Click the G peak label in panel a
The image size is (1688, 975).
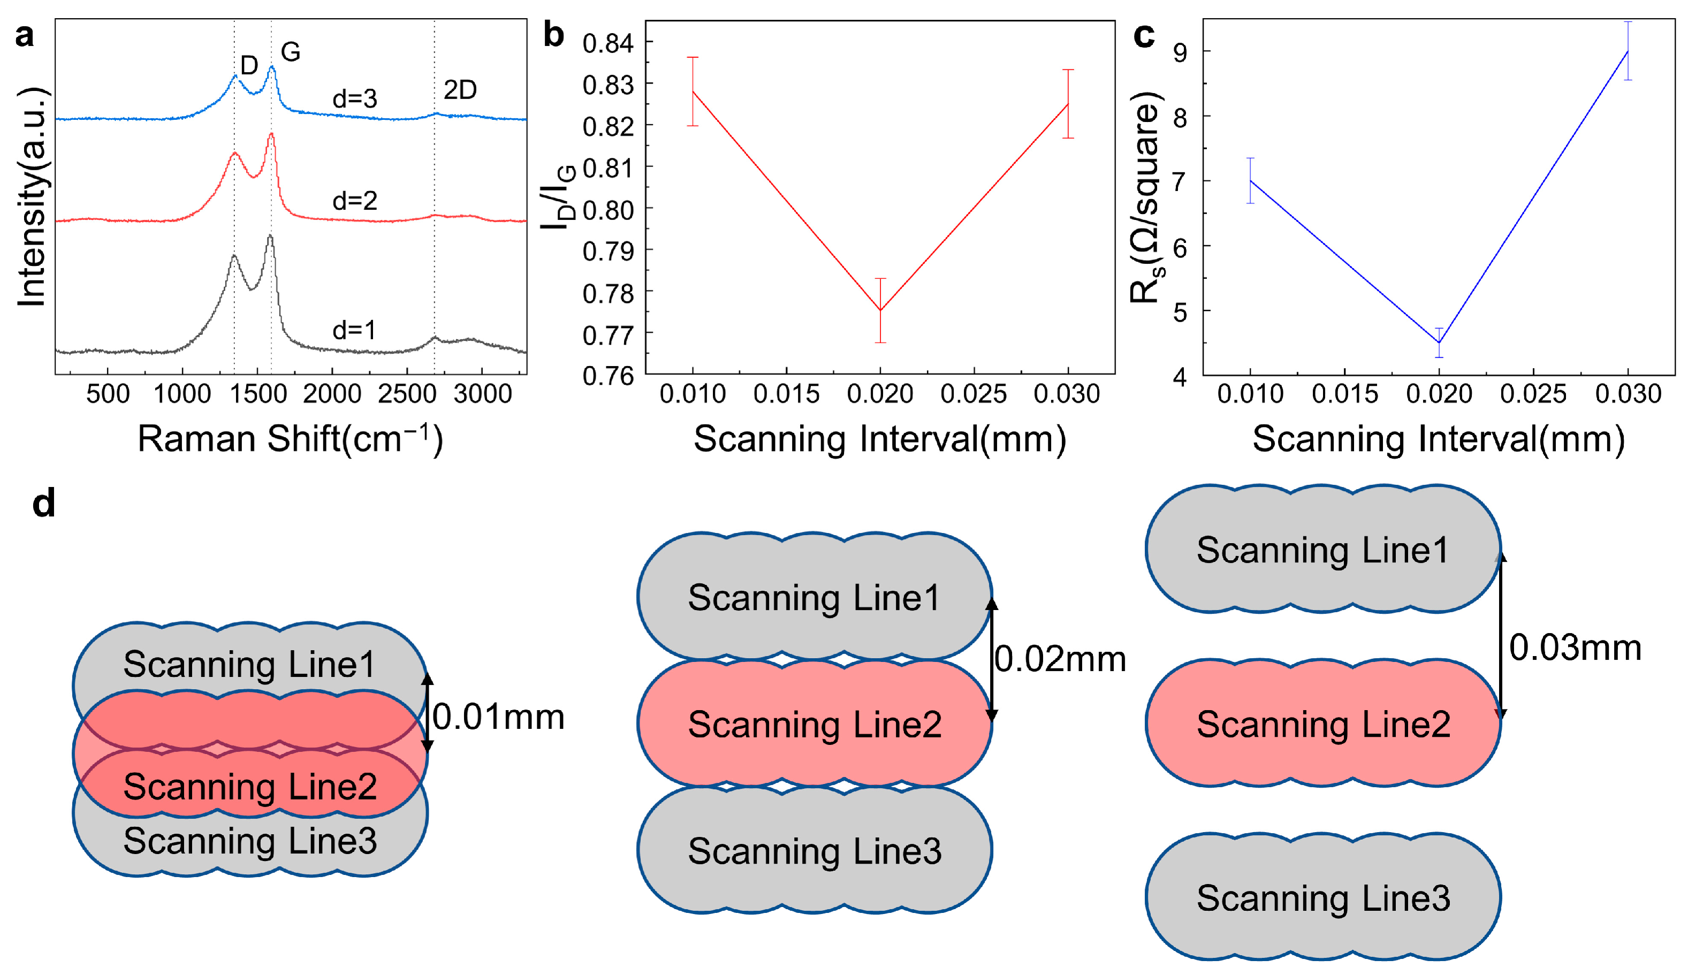coord(290,51)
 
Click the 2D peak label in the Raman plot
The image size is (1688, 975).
coord(460,90)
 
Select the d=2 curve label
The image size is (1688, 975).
coord(354,200)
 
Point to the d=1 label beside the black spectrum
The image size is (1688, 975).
coord(354,330)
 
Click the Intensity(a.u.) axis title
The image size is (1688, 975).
coord(32,197)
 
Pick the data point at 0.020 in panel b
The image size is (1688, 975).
coord(880,310)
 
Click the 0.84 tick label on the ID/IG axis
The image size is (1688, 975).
coord(607,43)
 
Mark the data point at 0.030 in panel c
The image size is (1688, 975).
coord(1628,51)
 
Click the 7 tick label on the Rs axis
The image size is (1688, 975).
coord(1179,181)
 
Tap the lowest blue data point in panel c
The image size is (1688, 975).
coord(1439,343)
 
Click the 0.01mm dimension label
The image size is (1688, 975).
coord(498,717)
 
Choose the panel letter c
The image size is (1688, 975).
coord(1144,35)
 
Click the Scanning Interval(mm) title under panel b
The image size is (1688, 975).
coord(879,439)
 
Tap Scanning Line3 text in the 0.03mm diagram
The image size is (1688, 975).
coord(1323,898)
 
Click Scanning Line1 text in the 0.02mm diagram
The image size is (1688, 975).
coord(814,597)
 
